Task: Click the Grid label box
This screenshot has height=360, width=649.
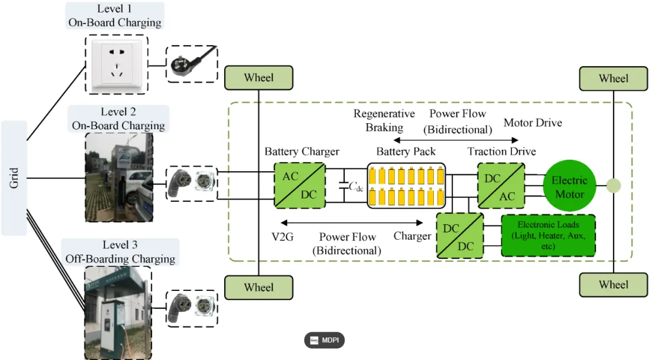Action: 14,178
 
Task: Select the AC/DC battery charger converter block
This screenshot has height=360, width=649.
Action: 300,185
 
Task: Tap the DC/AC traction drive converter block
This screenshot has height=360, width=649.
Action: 501,185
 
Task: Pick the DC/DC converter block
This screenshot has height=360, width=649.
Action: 460,236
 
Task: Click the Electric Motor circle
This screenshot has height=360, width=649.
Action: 570,186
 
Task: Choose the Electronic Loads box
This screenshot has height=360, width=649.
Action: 549,236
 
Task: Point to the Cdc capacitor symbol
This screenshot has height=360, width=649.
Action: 344,186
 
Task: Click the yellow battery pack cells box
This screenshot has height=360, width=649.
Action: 406,186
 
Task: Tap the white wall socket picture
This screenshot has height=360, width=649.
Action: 117,64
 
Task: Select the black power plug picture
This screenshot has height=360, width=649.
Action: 192,64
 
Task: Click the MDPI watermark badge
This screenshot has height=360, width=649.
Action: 324,340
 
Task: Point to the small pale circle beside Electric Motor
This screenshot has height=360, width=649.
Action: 614,186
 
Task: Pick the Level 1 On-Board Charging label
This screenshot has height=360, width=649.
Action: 115,16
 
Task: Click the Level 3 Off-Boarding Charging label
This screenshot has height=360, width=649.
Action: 120,252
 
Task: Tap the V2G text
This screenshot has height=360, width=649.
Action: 282,237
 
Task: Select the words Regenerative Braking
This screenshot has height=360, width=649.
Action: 384,120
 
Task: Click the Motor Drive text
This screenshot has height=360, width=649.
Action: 532,123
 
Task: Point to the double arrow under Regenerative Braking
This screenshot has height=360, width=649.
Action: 456,140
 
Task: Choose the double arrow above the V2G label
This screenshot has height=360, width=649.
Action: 352,222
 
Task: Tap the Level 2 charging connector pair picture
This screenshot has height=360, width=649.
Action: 192,184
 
